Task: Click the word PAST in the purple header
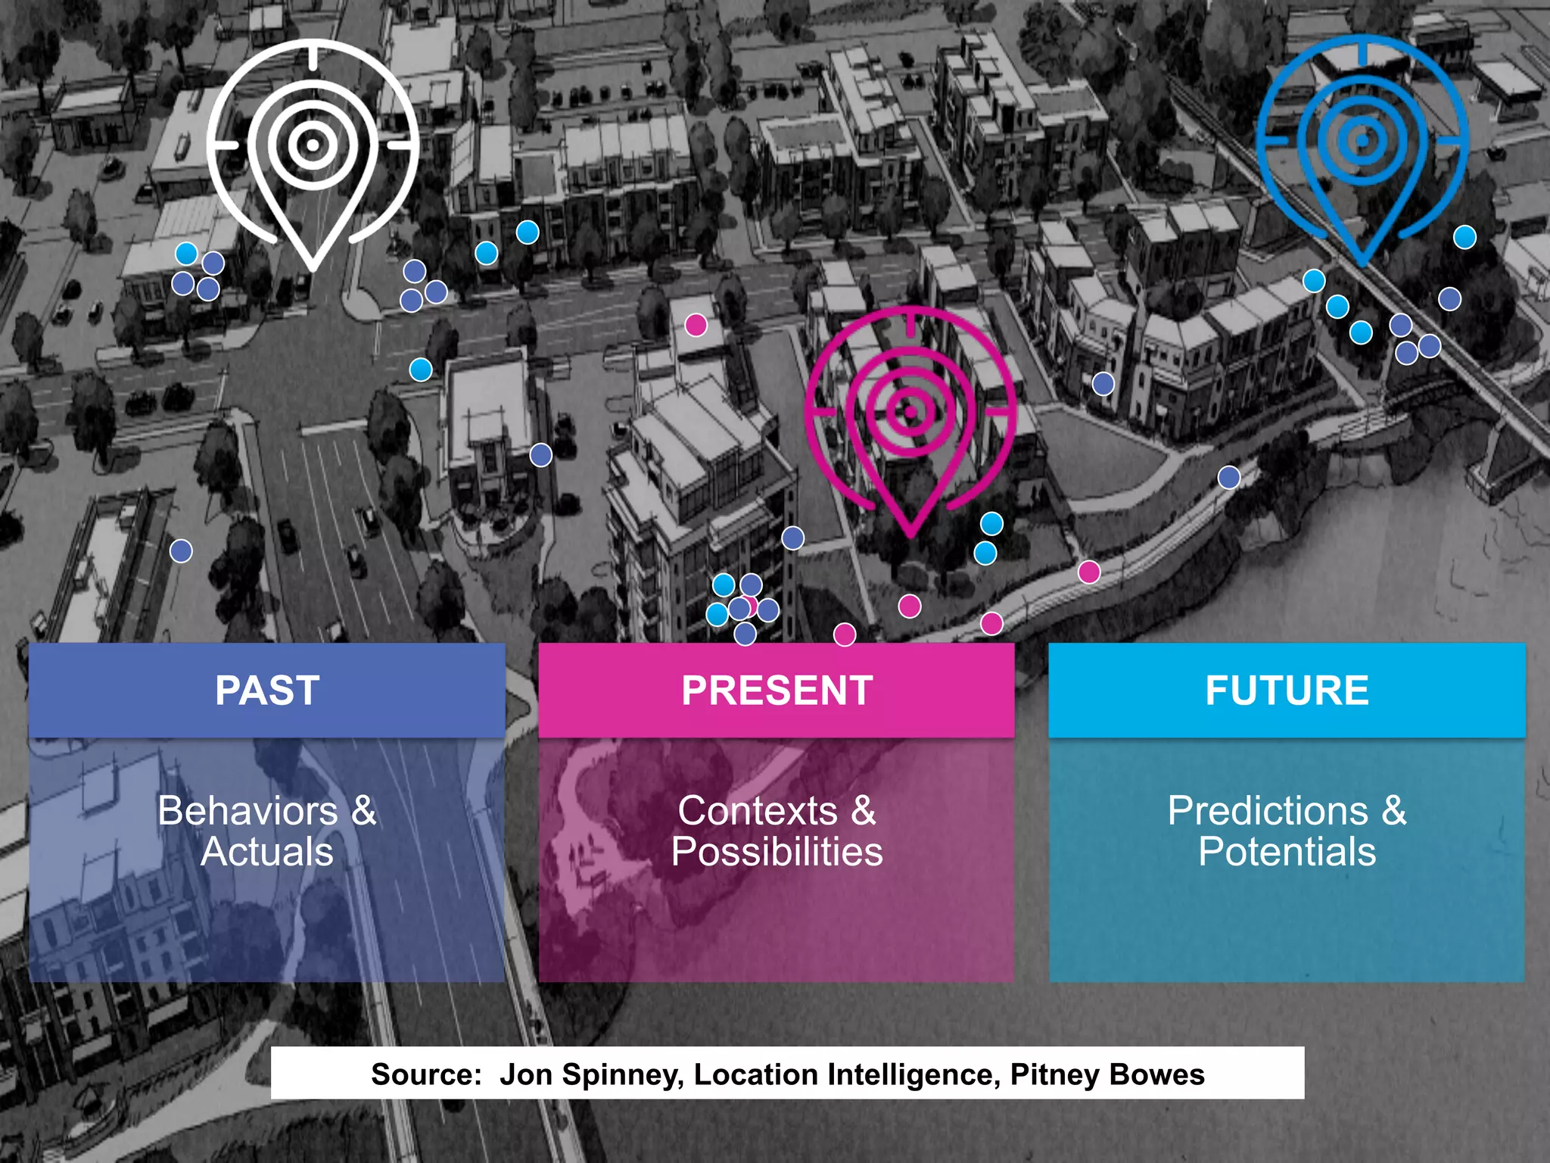267,691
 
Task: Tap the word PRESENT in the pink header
777,691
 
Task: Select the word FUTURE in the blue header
1287,691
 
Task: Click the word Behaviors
247,811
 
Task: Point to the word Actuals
267,852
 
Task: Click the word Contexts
757,811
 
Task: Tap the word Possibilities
777,852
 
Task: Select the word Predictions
1268,811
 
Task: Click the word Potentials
1287,852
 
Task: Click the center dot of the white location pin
313,143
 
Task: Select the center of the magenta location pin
910,411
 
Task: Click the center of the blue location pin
1362,140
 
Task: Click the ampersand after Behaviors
364,811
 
